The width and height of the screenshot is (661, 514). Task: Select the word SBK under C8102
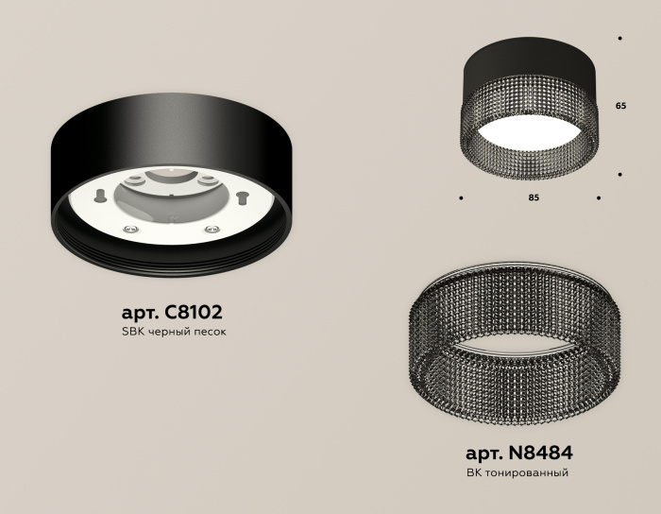pyautogui.click(x=135, y=333)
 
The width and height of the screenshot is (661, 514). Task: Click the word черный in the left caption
pyautogui.click(x=169, y=333)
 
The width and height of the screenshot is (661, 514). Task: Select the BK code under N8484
pyautogui.click(x=475, y=472)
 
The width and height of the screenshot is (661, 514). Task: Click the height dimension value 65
pyautogui.click(x=620, y=107)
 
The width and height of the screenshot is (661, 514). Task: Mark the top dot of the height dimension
pyautogui.click(x=619, y=39)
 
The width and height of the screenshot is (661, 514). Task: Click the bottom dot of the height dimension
pyautogui.click(x=619, y=175)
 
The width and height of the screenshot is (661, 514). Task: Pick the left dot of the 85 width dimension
pyautogui.click(x=461, y=198)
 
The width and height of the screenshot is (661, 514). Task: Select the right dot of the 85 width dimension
pyautogui.click(x=599, y=198)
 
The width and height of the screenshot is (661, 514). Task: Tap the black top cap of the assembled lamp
pyautogui.click(x=529, y=59)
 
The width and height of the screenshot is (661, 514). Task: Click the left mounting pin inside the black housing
pyautogui.click(x=99, y=196)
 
